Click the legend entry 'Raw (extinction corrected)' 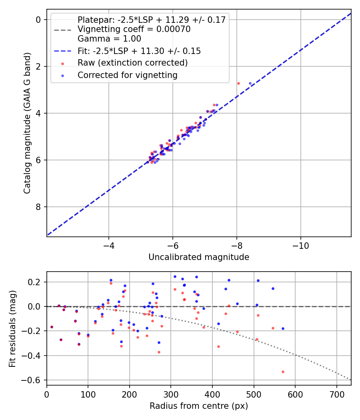[132, 63]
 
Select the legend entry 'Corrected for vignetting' [127, 75]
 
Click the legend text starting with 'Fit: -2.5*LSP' [139, 51]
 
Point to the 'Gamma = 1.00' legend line [109, 39]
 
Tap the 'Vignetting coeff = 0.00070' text [134, 29]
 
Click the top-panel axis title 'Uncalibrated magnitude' [199, 257]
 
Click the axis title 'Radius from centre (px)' [199, 406]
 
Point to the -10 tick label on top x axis [300, 245]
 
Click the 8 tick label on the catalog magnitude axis [39, 207]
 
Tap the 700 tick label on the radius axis [336, 394]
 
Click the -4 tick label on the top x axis [109, 245]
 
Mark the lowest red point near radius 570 [283, 372]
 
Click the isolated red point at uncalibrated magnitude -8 [238, 83]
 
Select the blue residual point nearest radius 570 [283, 328]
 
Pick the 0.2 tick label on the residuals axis [36, 282]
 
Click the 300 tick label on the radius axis [171, 394]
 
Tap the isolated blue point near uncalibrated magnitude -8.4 [250, 83]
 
